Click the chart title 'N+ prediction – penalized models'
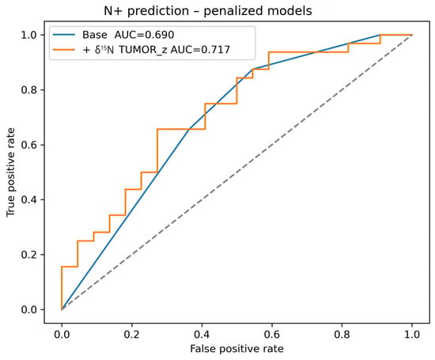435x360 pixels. coord(208,11)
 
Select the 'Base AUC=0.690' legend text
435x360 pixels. coord(128,35)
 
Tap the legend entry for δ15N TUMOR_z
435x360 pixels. coord(156,50)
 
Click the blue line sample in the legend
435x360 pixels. coord(64,35)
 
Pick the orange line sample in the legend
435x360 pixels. coord(64,50)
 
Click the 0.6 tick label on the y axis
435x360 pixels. coord(28,145)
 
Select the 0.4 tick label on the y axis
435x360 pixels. coord(28,200)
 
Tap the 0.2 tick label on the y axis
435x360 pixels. coord(28,255)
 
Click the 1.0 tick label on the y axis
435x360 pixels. coord(28,35)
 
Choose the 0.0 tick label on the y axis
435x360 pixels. coord(28,310)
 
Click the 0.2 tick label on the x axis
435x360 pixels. coord(132,335)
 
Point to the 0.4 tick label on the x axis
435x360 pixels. coord(202,335)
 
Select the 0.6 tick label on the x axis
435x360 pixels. coord(272,335)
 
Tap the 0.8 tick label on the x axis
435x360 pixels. coord(342,335)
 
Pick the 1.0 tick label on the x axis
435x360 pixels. coord(412,335)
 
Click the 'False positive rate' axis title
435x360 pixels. coord(237,349)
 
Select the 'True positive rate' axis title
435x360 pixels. coord(10,172)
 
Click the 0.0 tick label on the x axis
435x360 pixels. coord(62,335)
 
